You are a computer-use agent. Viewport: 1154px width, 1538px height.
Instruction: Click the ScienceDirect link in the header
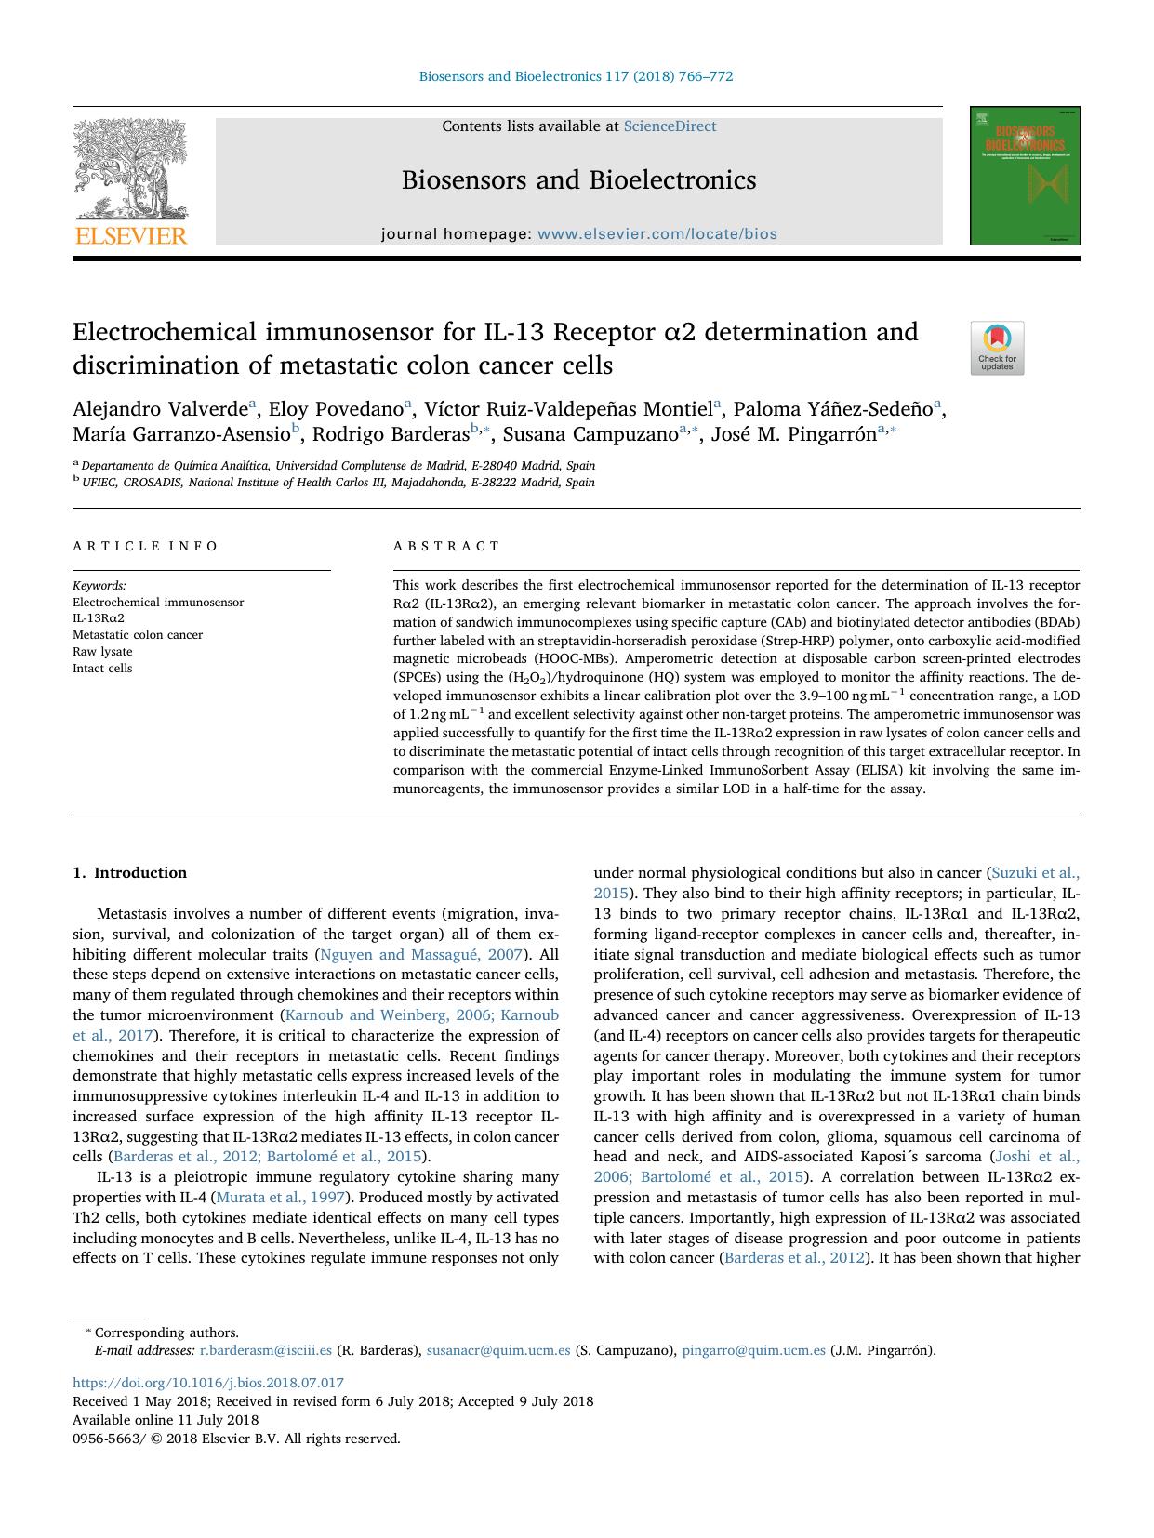(x=670, y=126)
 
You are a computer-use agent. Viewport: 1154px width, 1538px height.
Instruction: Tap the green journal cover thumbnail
(x=1025, y=176)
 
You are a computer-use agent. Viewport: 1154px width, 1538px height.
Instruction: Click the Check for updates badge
(x=997, y=348)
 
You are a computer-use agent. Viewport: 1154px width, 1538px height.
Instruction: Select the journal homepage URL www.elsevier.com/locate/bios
(x=657, y=234)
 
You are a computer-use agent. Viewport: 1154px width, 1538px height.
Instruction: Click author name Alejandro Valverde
(x=160, y=409)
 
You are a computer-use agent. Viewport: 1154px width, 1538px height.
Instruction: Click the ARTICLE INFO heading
(x=145, y=546)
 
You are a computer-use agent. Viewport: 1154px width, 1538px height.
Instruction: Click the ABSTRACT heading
(x=446, y=546)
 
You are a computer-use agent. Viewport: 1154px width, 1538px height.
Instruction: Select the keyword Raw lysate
(x=102, y=652)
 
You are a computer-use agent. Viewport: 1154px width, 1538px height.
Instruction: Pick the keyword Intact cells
(x=102, y=669)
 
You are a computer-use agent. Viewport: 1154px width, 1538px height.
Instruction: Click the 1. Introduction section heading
(x=129, y=872)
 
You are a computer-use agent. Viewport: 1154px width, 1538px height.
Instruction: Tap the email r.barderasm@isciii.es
(x=266, y=1350)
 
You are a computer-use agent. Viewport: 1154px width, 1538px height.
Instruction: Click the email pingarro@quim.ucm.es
(x=753, y=1350)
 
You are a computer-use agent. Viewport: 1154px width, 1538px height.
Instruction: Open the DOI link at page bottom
(x=207, y=1383)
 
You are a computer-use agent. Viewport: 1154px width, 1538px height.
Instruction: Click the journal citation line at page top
(x=576, y=76)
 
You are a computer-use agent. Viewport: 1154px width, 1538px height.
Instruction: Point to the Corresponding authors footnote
(x=166, y=1332)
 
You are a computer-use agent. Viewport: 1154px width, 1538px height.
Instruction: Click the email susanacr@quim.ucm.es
(x=498, y=1350)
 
